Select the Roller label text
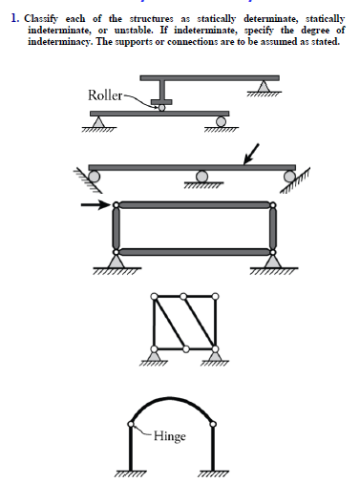[104, 95]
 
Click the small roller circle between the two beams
[161, 108]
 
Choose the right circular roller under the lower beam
[222, 120]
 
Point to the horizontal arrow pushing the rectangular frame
[95, 204]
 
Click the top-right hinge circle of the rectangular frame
[274, 204]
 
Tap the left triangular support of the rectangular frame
[116, 259]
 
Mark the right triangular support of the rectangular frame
[274, 259]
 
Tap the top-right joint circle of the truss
[214, 296]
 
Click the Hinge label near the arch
[168, 437]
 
